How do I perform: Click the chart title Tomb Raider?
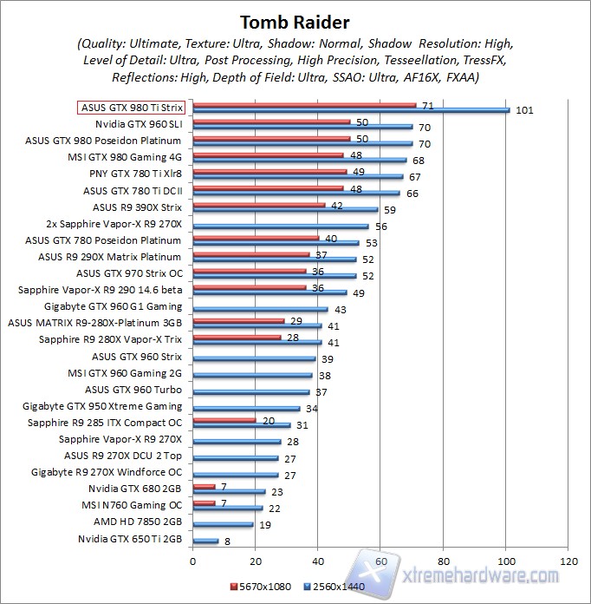(x=295, y=21)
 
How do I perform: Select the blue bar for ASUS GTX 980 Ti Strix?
(x=351, y=110)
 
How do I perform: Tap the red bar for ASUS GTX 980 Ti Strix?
(x=304, y=105)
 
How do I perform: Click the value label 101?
(x=523, y=110)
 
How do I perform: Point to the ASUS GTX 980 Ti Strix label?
(x=131, y=108)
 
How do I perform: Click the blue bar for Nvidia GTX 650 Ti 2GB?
(x=205, y=541)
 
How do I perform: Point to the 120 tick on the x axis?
(x=568, y=561)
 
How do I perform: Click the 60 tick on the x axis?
(x=380, y=561)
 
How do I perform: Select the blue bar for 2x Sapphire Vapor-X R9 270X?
(x=280, y=226)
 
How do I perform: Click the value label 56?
(x=380, y=226)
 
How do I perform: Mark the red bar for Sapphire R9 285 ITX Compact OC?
(x=224, y=419)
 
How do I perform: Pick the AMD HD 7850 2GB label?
(x=138, y=522)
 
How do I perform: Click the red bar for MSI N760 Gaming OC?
(x=204, y=502)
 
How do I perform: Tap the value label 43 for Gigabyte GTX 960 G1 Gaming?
(x=340, y=309)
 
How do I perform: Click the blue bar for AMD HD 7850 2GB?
(x=223, y=524)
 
